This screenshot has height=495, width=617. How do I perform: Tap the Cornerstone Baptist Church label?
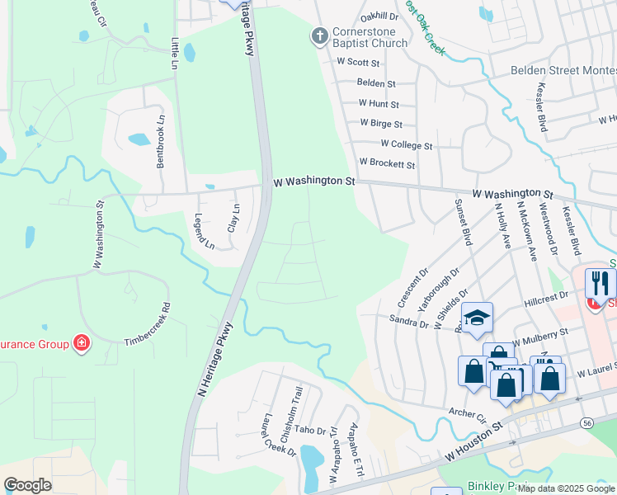click(x=370, y=38)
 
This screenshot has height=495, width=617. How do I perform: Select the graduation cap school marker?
click(x=477, y=318)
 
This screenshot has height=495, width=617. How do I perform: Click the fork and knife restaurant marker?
click(x=600, y=284)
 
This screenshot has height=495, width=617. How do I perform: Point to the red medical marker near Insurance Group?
click(x=81, y=342)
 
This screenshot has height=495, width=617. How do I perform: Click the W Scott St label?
click(x=358, y=63)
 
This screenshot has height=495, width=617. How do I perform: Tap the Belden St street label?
click(x=376, y=83)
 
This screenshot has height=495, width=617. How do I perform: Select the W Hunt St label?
click(x=379, y=104)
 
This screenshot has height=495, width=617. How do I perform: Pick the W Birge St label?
click(x=380, y=125)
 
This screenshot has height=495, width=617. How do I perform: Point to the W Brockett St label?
click(x=386, y=165)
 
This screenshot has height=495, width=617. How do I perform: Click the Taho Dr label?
click(x=311, y=430)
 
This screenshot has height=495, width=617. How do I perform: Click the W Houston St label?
click(x=473, y=441)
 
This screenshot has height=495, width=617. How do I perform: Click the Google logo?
click(x=28, y=485)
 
